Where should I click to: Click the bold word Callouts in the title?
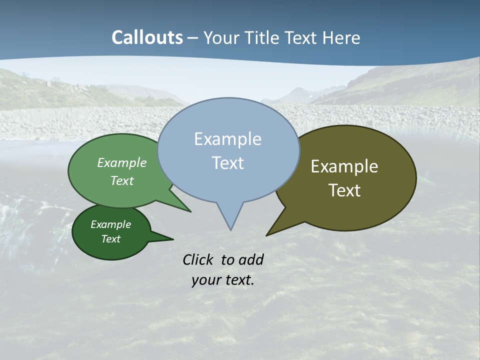(x=147, y=37)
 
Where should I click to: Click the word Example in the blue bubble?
(x=227, y=139)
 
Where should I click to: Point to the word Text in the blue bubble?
(x=227, y=163)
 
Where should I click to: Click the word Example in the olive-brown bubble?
(x=344, y=166)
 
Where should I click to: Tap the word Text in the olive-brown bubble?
(x=344, y=190)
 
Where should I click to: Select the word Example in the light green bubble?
(x=122, y=162)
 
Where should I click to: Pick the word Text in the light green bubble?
(x=122, y=180)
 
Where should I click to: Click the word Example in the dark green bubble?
(x=110, y=224)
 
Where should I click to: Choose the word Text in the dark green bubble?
(x=110, y=239)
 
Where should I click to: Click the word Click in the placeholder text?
(x=198, y=259)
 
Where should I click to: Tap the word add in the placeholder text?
(x=251, y=259)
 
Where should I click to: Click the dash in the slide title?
(x=193, y=37)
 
